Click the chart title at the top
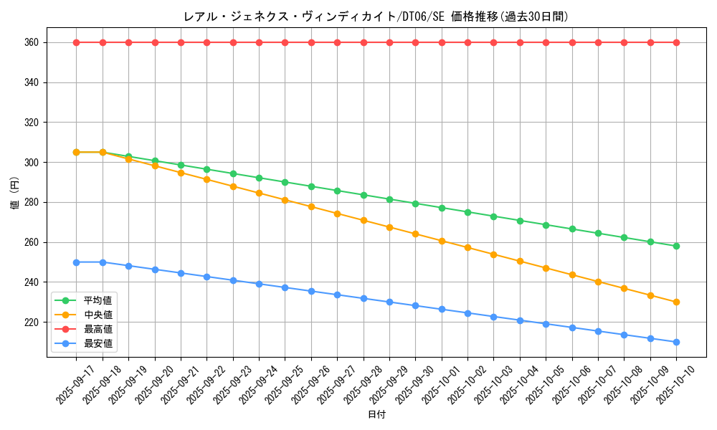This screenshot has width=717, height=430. (x=376, y=16)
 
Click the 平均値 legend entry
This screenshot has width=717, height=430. (x=98, y=300)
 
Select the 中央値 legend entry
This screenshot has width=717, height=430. (x=98, y=315)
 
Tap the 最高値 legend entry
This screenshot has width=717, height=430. (x=98, y=329)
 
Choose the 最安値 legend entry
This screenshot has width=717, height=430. (x=98, y=343)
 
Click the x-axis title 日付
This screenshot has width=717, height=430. (x=376, y=415)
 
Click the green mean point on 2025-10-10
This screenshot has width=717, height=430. (x=676, y=247)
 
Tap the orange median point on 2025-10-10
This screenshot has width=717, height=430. (x=676, y=302)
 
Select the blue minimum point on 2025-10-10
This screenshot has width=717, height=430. (x=676, y=342)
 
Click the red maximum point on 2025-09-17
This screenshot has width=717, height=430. (x=76, y=42)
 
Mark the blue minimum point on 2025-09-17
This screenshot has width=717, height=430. (x=76, y=262)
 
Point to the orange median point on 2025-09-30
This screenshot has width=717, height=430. (x=415, y=234)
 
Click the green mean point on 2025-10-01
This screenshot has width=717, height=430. (x=442, y=208)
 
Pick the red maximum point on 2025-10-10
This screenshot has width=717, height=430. (x=676, y=42)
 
